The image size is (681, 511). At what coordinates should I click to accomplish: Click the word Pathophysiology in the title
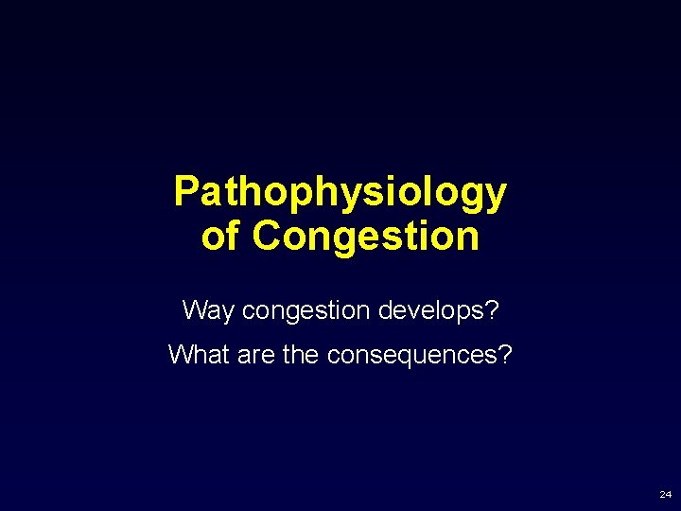click(340, 193)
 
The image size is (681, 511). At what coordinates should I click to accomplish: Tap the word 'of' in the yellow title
click(219, 237)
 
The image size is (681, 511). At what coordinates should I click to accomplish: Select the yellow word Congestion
click(366, 237)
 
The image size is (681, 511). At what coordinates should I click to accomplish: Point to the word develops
click(432, 310)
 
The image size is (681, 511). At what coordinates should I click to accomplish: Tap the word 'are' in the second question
click(256, 355)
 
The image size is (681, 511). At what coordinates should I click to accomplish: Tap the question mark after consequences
click(506, 355)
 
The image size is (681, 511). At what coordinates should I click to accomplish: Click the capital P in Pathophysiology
click(185, 192)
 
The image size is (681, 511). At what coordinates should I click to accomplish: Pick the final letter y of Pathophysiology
click(497, 196)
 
